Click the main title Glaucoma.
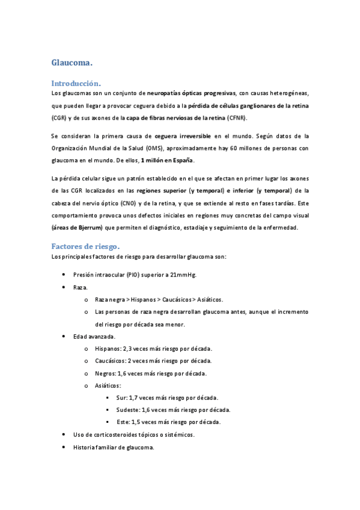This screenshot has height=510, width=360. click(x=72, y=63)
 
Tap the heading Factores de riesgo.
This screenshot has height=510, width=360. click(x=85, y=246)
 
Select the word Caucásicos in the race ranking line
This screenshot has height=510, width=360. click(x=178, y=300)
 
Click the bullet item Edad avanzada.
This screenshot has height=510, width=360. click(x=94, y=337)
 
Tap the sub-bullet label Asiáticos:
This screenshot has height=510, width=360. click(x=108, y=386)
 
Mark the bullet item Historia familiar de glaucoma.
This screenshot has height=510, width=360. click(x=114, y=447)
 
